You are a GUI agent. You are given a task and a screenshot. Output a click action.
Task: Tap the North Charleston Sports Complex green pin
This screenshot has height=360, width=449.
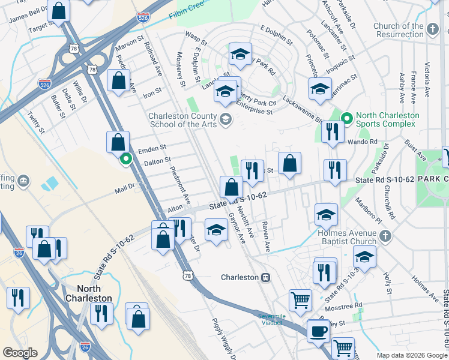pos(346,119)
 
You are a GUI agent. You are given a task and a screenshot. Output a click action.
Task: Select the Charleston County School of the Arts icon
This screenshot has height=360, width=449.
pos(226,118)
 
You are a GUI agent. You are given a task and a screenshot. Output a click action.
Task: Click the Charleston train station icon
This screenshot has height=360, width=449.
pos(265,278)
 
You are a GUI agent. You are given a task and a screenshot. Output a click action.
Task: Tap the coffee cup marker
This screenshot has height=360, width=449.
pos(318,331)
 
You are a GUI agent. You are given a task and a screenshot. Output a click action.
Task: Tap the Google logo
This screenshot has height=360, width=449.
pos(20,353)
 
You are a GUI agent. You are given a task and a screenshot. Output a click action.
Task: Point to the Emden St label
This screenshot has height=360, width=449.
pos(151,148)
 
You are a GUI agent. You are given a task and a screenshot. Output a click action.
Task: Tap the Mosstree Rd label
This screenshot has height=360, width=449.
pos(351,305)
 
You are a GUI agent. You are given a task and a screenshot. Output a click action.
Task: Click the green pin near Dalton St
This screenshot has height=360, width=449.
pos(126,159)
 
